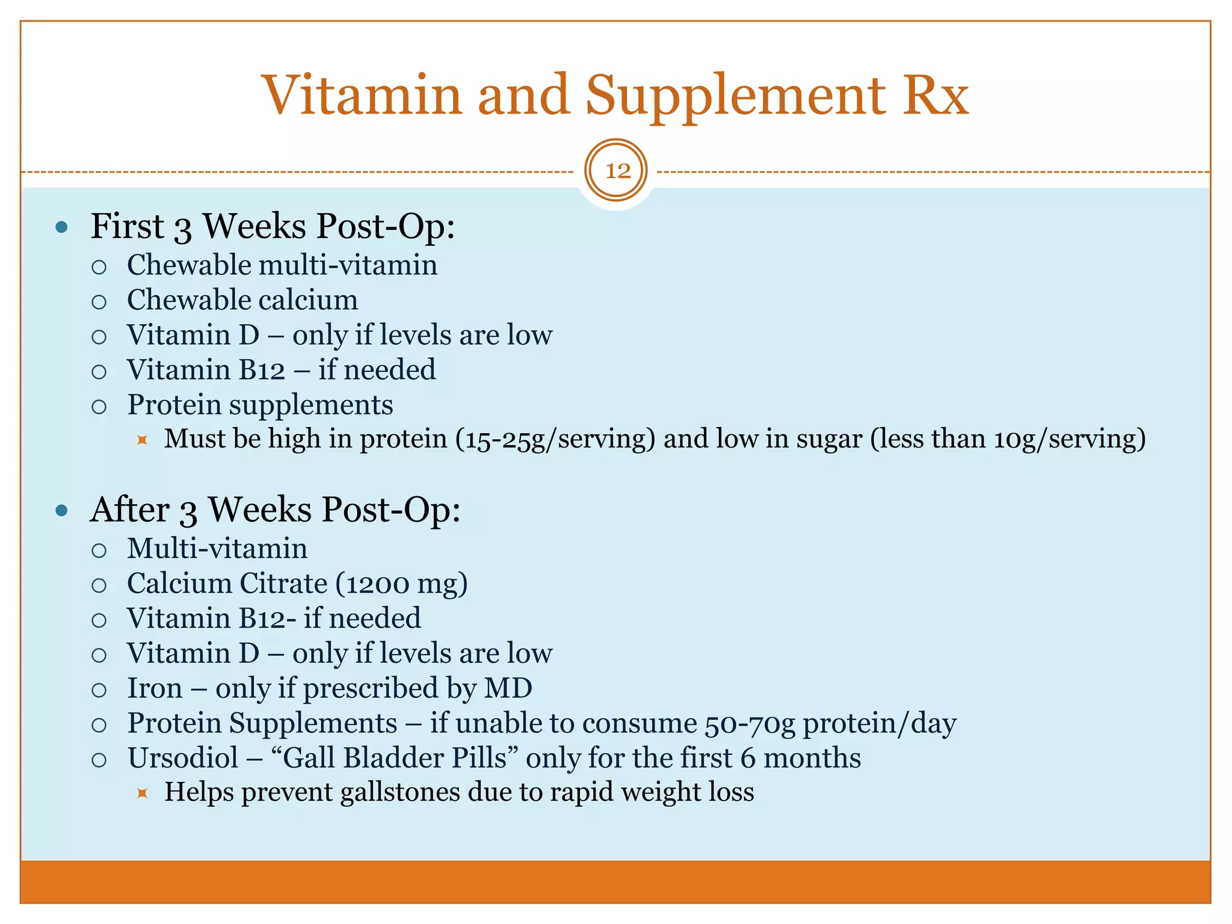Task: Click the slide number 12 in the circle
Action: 617,171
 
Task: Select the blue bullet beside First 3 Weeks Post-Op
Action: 61,228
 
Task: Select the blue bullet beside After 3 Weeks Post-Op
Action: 61,511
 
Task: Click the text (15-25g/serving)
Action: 555,439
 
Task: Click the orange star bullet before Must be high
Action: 142,440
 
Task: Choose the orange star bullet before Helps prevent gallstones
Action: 142,793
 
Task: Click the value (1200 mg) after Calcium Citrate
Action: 401,584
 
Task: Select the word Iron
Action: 155,688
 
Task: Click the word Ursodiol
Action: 183,758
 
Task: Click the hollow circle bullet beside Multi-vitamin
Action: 99,550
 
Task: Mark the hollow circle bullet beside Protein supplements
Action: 99,407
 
